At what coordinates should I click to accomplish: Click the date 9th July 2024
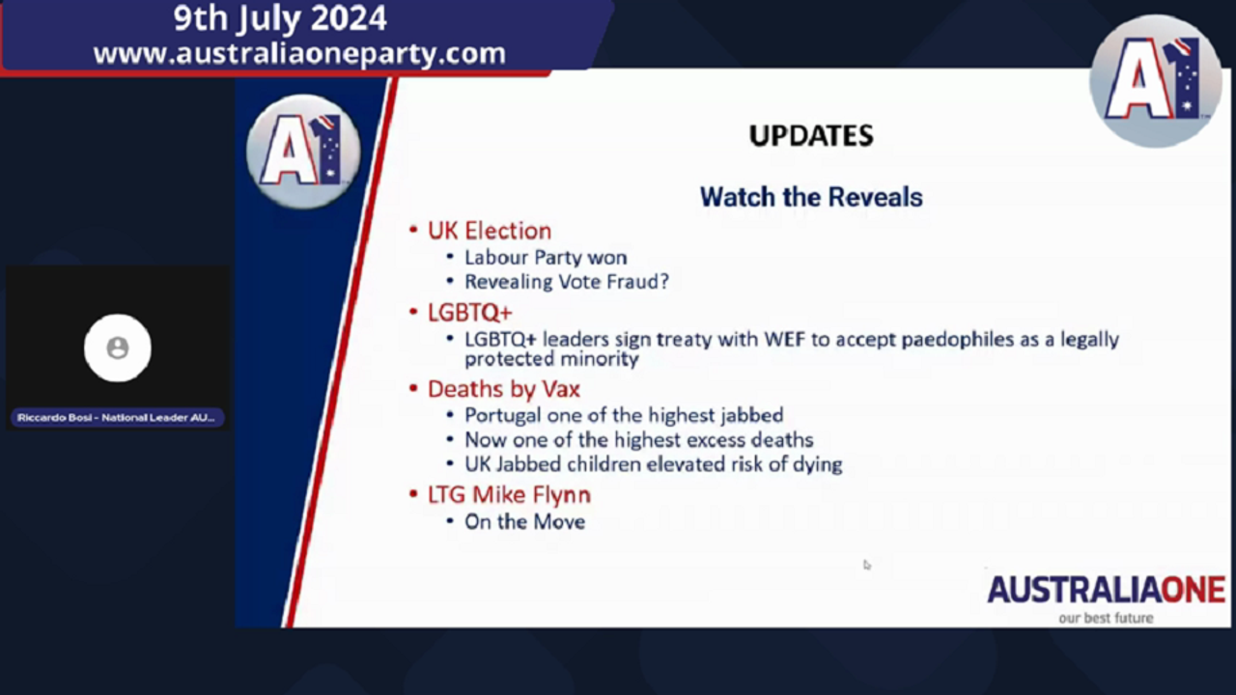(x=280, y=18)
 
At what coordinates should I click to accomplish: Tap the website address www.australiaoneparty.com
(x=299, y=54)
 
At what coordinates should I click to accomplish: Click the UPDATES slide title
(x=811, y=136)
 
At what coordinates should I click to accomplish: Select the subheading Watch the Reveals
(x=811, y=197)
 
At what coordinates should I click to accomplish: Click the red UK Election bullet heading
(x=490, y=231)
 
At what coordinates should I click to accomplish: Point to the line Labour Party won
(x=546, y=258)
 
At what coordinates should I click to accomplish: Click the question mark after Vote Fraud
(x=663, y=281)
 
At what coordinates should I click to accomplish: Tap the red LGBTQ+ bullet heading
(x=470, y=313)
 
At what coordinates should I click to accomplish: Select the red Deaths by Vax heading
(x=504, y=389)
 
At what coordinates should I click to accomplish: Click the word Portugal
(x=503, y=416)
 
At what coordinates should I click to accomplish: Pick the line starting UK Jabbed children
(x=654, y=464)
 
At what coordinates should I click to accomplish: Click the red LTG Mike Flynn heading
(x=509, y=495)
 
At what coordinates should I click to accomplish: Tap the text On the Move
(x=524, y=522)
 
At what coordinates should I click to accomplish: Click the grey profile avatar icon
(x=118, y=348)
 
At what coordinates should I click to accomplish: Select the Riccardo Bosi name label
(x=116, y=418)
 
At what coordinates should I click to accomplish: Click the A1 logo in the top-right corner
(x=1156, y=81)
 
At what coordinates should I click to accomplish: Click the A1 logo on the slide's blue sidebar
(x=303, y=153)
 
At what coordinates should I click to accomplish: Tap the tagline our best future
(x=1106, y=619)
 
